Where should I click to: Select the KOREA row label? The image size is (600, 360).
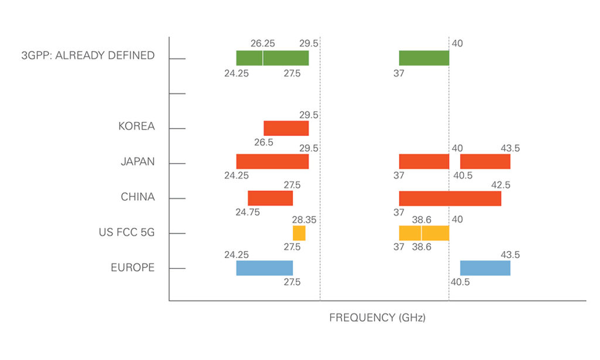137,126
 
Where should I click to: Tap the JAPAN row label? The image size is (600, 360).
138,161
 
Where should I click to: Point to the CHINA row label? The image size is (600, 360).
138,197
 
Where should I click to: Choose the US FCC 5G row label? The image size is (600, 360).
127,232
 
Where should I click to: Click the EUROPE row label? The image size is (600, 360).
133,267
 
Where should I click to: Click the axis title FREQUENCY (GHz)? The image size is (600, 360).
377,318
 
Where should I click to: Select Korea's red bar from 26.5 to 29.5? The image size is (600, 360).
286,128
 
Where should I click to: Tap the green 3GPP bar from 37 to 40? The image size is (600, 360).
424,58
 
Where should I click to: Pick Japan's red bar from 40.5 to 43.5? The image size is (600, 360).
485,161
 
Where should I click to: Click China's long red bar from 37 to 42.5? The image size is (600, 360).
449,198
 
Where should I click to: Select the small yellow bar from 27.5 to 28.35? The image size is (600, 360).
299,233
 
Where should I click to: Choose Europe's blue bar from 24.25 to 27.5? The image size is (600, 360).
264,268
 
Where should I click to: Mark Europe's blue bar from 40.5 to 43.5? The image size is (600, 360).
485,268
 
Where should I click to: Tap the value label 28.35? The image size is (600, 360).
305,220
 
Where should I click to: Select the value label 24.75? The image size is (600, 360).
248,212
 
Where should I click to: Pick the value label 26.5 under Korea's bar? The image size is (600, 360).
264,142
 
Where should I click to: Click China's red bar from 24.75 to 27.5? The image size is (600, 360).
270,198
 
